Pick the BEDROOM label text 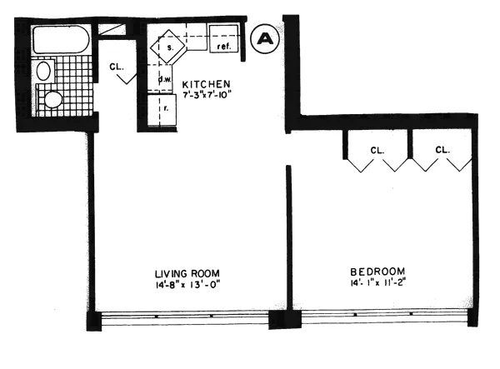377,271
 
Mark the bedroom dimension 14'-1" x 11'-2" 377,284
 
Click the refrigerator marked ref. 224,40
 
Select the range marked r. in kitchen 163,107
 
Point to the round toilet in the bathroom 54,100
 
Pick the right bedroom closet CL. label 442,150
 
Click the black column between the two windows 279,321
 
